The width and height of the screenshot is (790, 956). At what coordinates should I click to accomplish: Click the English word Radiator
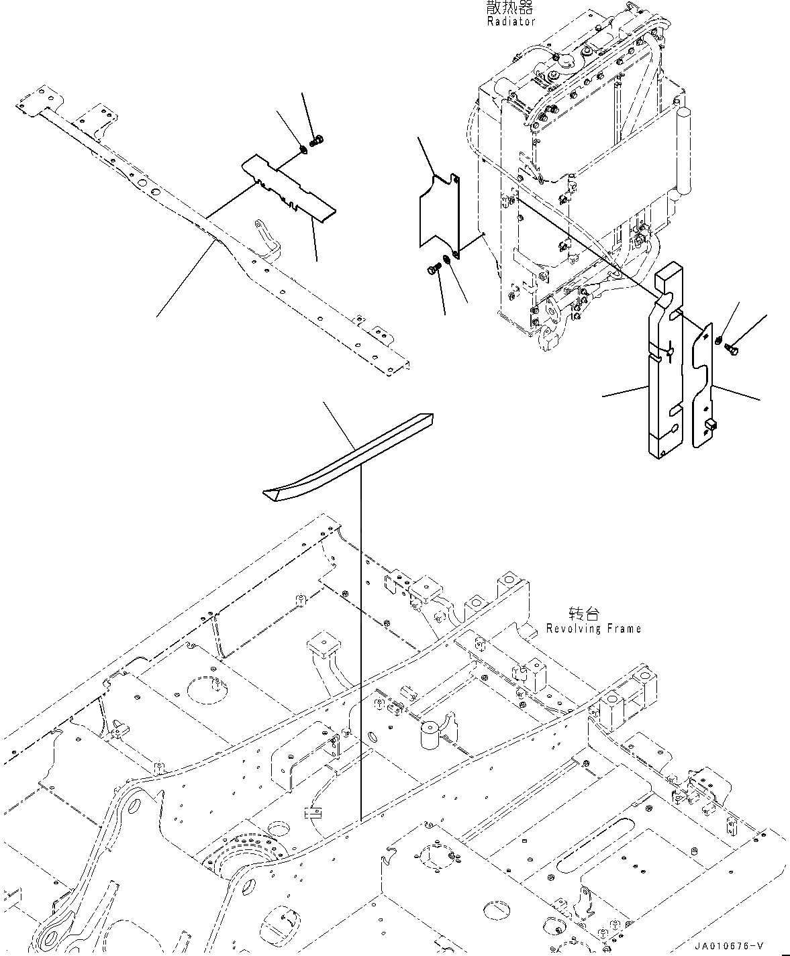[511, 21]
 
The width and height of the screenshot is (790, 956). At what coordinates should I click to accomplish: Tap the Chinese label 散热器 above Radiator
[511, 8]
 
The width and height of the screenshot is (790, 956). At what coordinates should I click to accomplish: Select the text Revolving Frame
[593, 629]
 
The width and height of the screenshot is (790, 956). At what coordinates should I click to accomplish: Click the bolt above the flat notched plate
[319, 140]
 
